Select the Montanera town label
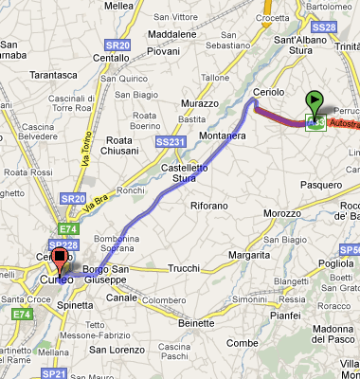[223, 136]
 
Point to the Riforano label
[209, 206]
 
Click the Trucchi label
[183, 268]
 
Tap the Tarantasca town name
[53, 73]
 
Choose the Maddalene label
[172, 34]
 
